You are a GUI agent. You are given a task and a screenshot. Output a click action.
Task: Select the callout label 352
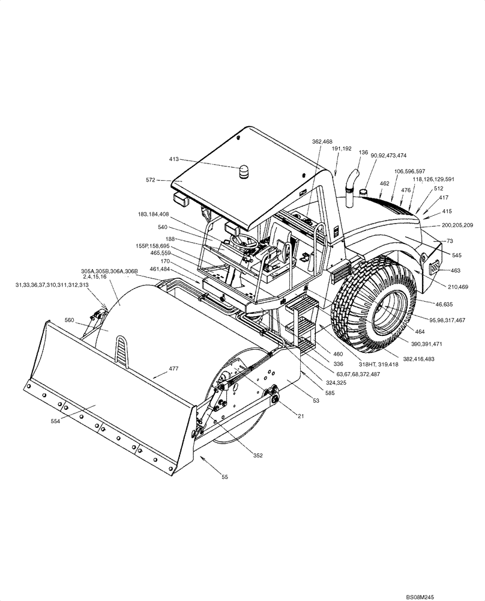point(258,456)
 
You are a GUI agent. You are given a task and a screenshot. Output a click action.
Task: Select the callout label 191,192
point(341,148)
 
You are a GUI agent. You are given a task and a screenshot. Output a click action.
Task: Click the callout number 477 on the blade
point(174,368)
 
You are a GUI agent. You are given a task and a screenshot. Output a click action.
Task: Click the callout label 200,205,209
point(457,225)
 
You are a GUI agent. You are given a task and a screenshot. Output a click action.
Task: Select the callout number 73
point(450,240)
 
